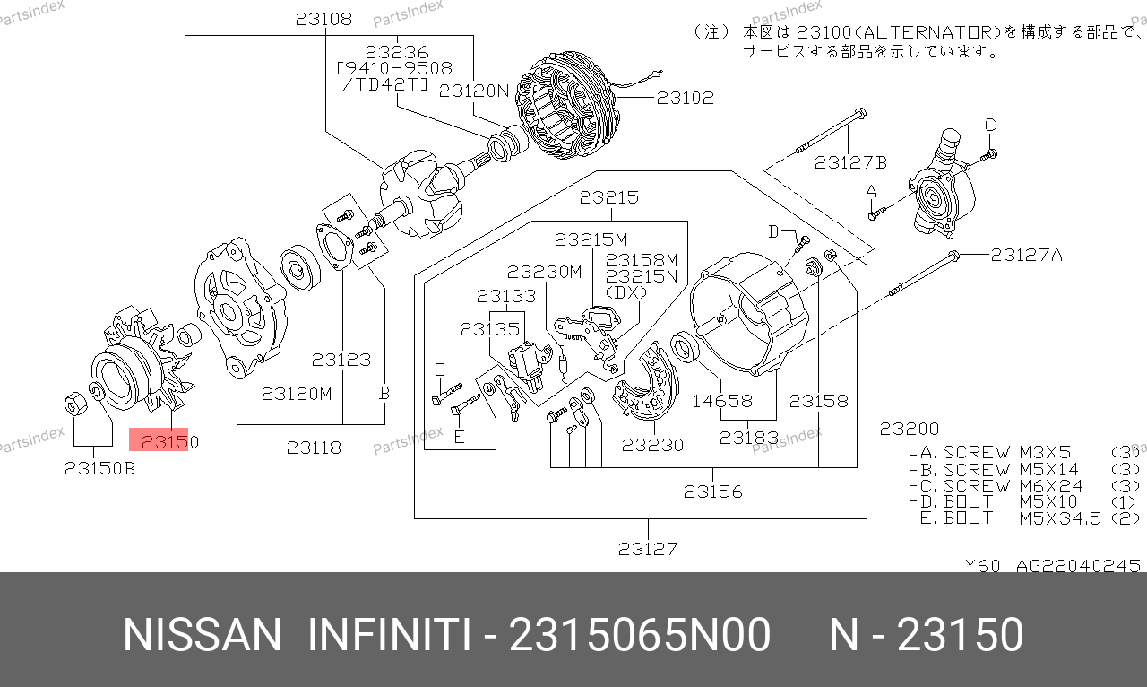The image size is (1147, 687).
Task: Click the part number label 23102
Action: pos(686,98)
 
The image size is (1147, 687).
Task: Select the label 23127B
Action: pos(850,162)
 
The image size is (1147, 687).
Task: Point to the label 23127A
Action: pos(1026,255)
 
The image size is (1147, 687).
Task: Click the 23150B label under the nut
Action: pos(99,467)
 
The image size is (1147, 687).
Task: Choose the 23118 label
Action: pos(314,447)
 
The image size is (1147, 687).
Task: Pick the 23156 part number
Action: pos(712,491)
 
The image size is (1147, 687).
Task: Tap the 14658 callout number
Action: pos(722,401)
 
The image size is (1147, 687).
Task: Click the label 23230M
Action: pos(544,271)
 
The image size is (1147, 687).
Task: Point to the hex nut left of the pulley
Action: pos(75,404)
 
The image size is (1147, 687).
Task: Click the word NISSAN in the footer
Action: pos(202,636)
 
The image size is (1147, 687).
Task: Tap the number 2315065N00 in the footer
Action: pos(639,636)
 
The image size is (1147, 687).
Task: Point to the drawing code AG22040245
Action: pos(1077,566)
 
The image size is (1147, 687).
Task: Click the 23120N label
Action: pos(474,91)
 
